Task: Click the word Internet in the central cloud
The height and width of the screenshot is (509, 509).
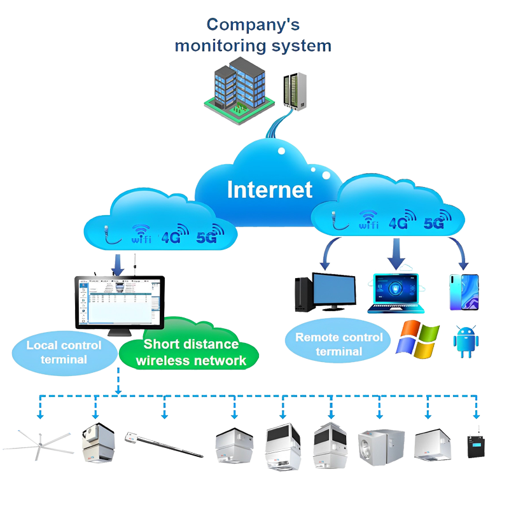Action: pyautogui.click(x=270, y=190)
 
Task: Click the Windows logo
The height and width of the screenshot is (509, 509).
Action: pyautogui.click(x=417, y=337)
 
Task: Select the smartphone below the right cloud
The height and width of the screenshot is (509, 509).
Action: pyautogui.click(x=464, y=293)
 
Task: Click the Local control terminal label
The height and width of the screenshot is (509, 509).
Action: pyautogui.click(x=64, y=351)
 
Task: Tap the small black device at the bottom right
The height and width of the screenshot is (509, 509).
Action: pyautogui.click(x=474, y=445)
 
